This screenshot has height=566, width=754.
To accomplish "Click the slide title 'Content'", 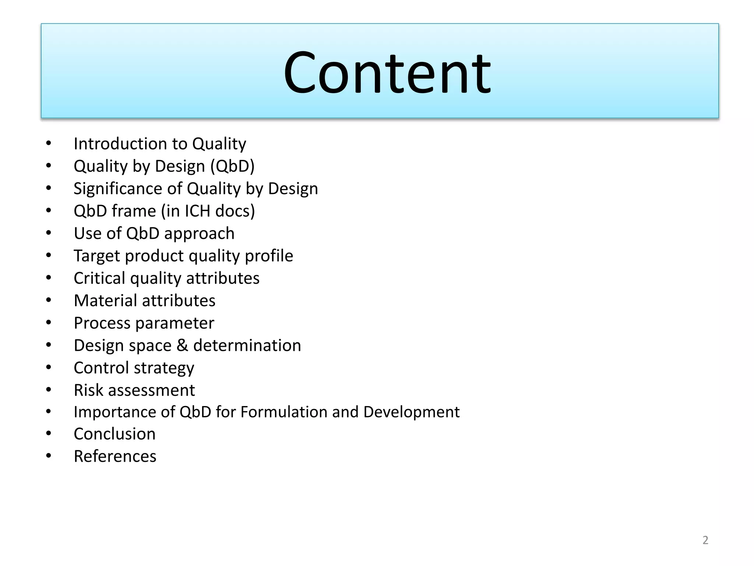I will [x=387, y=73].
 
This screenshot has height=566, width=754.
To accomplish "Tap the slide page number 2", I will [x=705, y=540].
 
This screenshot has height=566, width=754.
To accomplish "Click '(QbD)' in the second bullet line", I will [x=232, y=167].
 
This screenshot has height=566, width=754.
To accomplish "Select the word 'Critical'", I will [x=99, y=278].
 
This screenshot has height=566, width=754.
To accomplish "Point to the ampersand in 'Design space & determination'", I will [x=182, y=346].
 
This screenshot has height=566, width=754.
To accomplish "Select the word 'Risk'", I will [x=88, y=390].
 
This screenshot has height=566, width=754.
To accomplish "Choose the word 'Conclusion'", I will [x=114, y=434].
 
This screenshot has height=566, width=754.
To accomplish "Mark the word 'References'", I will [x=115, y=456].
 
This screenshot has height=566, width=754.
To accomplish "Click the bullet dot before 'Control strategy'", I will [x=49, y=367].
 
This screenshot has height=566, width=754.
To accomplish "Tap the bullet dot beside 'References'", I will [x=49, y=456].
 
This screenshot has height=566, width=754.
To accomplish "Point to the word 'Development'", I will [x=411, y=412].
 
